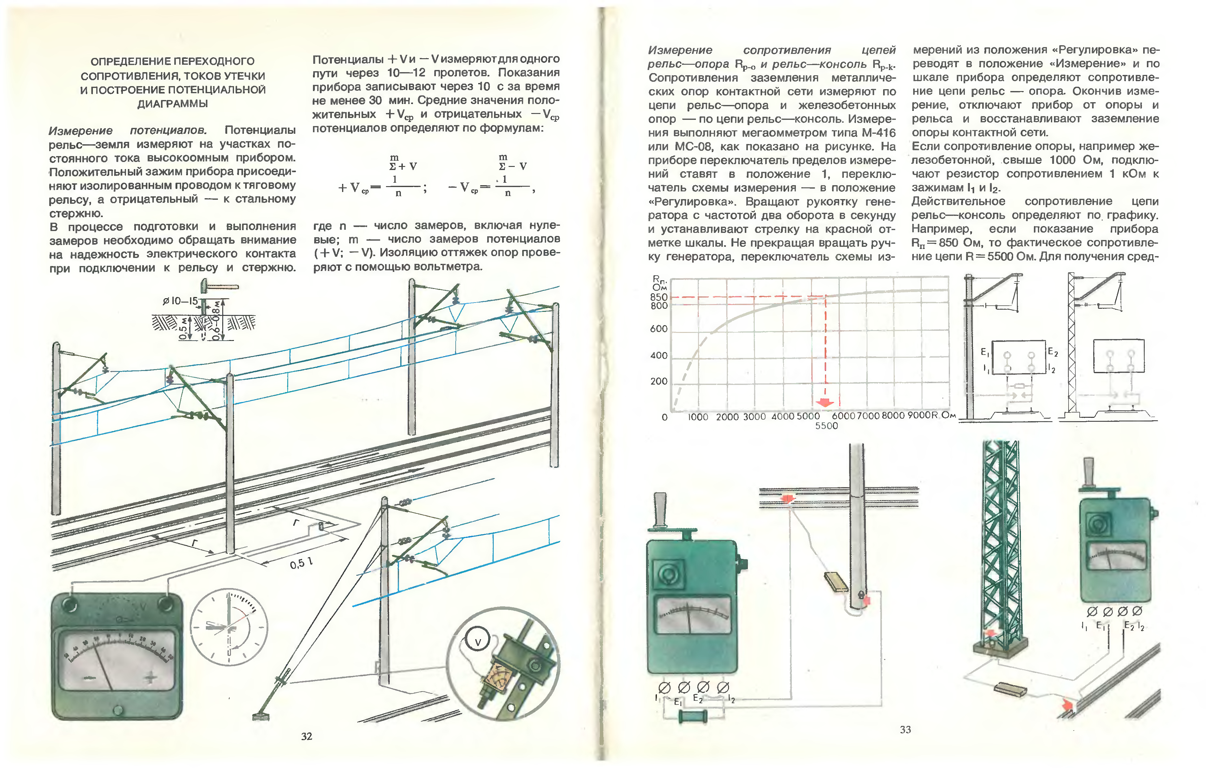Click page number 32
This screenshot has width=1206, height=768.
pos(306,736)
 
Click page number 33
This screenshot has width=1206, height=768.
pos(905,729)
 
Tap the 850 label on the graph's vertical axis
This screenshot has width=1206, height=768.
pos(659,297)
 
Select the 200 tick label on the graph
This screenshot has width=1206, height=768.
pos(659,381)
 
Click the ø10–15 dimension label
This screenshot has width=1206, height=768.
pos(180,301)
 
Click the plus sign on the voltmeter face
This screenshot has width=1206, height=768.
pos(151,678)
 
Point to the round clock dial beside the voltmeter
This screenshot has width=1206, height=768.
pos(229,627)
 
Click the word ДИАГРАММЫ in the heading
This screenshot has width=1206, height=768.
pos(172,104)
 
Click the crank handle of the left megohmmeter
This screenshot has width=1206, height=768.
pos(660,511)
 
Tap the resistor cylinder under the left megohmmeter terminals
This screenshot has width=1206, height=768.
pos(693,716)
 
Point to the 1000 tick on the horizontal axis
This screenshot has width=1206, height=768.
pos(698,417)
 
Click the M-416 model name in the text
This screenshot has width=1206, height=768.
pos(878,133)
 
